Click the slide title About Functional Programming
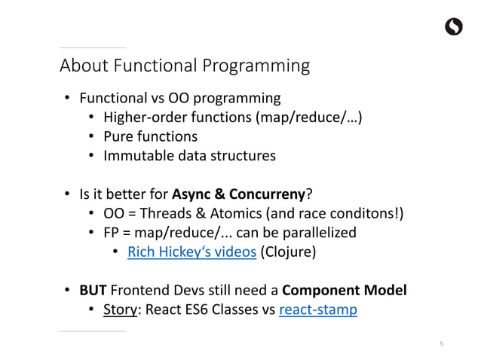(x=185, y=66)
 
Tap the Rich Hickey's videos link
(x=192, y=252)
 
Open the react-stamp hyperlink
(x=318, y=310)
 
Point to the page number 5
(x=442, y=343)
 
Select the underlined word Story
(x=119, y=310)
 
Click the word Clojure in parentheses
(x=287, y=252)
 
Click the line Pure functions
(x=150, y=136)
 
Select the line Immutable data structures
(x=189, y=156)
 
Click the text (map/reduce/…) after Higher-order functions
(x=305, y=117)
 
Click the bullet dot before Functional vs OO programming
(x=67, y=98)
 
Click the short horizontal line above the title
(x=93, y=47)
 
